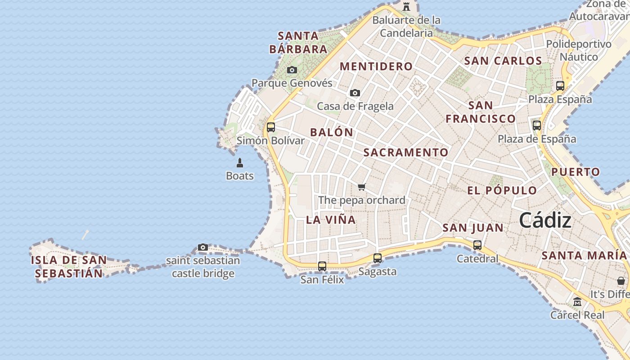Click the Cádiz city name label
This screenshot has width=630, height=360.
tap(545, 220)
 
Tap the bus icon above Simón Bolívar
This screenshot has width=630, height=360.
tap(270, 127)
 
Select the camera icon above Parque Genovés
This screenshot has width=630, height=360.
tap(292, 70)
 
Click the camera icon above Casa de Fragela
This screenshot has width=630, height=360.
tap(355, 93)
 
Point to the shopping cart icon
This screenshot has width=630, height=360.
tap(361, 187)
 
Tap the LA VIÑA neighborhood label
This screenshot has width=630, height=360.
tap(331, 220)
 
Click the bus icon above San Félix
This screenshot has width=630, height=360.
tap(322, 266)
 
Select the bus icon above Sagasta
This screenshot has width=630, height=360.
tap(378, 258)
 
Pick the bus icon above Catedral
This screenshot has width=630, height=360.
tap(477, 245)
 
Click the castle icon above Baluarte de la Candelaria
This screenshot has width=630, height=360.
tap(406, 7)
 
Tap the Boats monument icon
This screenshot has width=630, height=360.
tap(240, 162)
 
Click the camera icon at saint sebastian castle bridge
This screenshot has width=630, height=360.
tap(203, 247)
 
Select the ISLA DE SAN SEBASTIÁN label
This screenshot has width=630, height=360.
tap(69, 266)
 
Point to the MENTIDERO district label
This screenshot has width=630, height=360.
tap(376, 67)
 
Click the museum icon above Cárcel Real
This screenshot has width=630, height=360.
tap(577, 302)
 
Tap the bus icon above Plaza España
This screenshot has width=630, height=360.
tap(560, 85)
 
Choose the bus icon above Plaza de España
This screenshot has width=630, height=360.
tap(537, 126)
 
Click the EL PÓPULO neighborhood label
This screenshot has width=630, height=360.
tap(502, 190)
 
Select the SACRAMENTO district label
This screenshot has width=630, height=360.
tap(406, 153)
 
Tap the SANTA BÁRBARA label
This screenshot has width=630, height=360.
tap(298, 42)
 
